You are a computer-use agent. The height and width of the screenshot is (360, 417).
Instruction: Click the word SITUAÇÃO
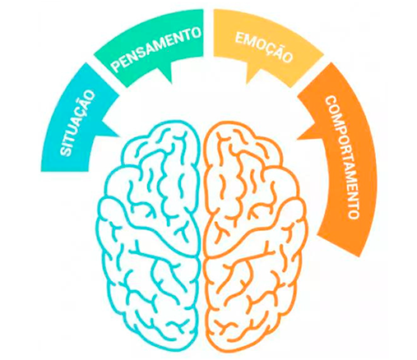pyautogui.click(x=77, y=123)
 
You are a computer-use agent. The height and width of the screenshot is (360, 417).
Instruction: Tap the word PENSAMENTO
pyautogui.click(x=156, y=48)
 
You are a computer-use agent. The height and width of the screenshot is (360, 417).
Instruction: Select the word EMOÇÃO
pyautogui.click(x=263, y=48)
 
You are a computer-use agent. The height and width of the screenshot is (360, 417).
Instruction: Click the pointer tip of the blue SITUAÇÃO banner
pyautogui.click(x=120, y=136)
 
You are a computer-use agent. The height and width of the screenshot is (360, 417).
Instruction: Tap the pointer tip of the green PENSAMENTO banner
pyautogui.click(x=172, y=83)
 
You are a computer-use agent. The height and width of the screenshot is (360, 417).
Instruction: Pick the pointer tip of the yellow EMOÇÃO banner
pyautogui.click(x=247, y=83)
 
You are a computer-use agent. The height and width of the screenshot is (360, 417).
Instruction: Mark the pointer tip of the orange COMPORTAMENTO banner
pyautogui.click(x=297, y=139)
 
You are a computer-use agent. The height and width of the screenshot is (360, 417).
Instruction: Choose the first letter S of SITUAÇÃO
pyautogui.click(x=65, y=152)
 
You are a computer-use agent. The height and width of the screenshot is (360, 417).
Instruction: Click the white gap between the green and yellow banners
pyautogui.click(x=208, y=33)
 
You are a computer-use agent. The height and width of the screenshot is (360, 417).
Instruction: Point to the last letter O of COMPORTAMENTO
pyautogui.click(x=354, y=214)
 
